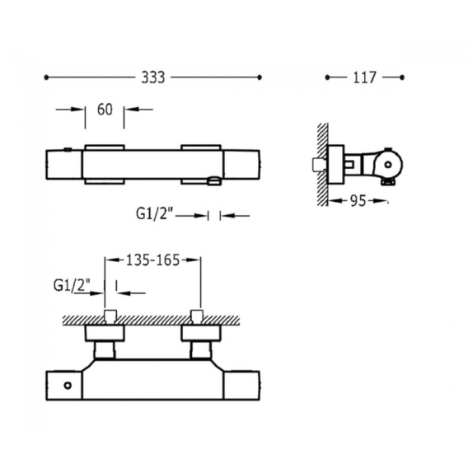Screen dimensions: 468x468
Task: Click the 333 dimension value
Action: (x=152, y=77)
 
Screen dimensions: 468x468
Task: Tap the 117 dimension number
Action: (x=364, y=77)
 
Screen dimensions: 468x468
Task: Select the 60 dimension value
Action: (x=105, y=110)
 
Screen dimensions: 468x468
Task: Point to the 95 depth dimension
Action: (x=358, y=201)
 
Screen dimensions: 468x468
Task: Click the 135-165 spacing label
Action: (x=152, y=260)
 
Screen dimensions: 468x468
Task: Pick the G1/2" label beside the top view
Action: (x=155, y=213)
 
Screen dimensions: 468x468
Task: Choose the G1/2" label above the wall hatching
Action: (x=72, y=285)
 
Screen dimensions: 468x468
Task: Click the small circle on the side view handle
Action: (x=388, y=165)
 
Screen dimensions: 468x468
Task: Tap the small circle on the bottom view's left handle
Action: (x=68, y=386)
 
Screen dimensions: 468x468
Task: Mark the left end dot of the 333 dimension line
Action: (x=46, y=77)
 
